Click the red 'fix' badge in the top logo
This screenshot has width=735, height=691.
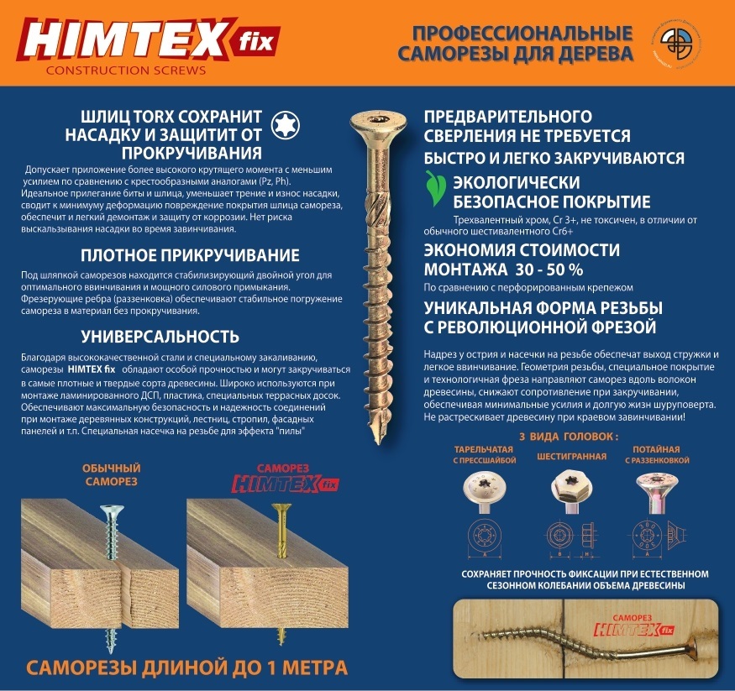[256, 42]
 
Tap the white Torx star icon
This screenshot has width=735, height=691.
[285, 124]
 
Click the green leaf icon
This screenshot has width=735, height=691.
[434, 188]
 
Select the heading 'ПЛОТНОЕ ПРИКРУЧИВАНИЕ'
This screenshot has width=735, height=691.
[190, 255]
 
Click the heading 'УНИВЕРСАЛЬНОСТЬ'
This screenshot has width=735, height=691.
[160, 337]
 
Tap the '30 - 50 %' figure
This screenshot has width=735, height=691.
[549, 270]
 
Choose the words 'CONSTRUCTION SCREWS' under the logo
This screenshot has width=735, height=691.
[126, 71]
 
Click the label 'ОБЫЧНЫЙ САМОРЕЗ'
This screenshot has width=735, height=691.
[111, 474]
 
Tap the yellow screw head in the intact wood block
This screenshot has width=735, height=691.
[281, 507]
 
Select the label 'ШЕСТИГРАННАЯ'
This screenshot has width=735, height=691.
[571, 456]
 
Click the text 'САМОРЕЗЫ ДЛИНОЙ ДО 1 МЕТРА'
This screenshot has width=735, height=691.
[186, 667]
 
